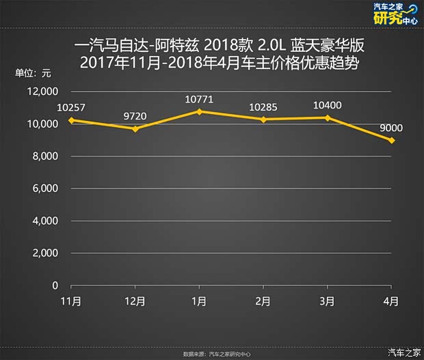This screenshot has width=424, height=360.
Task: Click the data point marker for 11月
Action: click(x=71, y=120)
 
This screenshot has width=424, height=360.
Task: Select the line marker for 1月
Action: click(x=199, y=111)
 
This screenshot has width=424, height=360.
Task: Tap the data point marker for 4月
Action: click(x=392, y=140)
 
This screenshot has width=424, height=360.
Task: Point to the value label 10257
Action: click(x=71, y=107)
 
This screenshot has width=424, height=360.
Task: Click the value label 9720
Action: click(x=135, y=116)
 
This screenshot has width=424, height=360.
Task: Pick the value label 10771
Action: click(x=199, y=99)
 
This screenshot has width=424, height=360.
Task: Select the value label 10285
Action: click(x=263, y=107)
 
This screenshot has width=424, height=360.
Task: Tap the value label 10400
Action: click(x=328, y=105)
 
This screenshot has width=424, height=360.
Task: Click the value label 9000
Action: click(x=392, y=128)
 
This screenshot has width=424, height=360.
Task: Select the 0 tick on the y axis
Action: click(x=55, y=286)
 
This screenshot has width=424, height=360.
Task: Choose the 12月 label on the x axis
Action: click(x=135, y=301)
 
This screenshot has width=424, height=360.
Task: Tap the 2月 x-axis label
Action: click(x=263, y=301)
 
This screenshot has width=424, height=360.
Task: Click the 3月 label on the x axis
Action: click(x=328, y=301)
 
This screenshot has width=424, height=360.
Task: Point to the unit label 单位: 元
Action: click(x=33, y=73)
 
